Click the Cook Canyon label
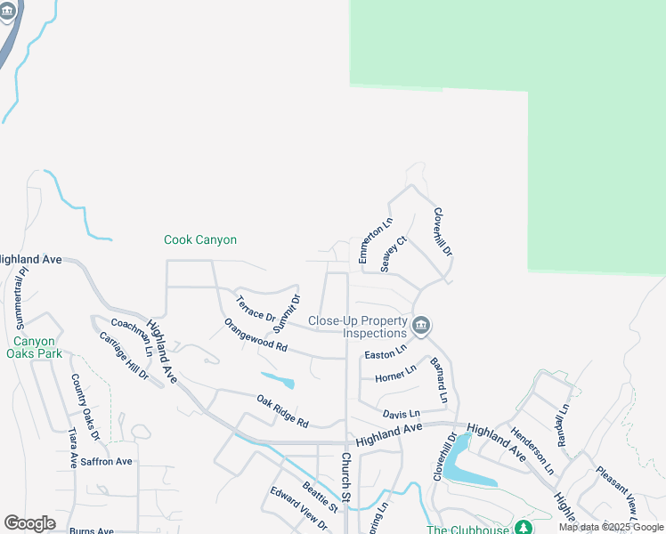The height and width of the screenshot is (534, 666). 200,240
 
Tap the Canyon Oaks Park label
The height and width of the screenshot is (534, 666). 35,347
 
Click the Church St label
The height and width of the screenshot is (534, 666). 346,480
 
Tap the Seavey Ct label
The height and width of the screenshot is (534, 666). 393,254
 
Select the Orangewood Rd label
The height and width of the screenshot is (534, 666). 256,335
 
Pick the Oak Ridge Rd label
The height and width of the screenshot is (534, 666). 281,410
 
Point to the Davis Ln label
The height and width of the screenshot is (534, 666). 401,414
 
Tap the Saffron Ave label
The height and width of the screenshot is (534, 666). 106,461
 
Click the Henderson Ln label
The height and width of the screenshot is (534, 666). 532,450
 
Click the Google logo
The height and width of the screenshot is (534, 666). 29,523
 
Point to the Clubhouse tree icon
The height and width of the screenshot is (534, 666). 524,527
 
